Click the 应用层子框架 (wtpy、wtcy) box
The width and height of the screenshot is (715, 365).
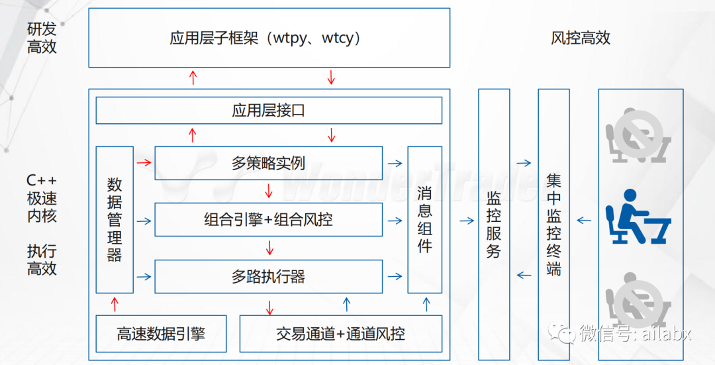click(x=269, y=38)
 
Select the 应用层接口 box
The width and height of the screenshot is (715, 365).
click(x=269, y=111)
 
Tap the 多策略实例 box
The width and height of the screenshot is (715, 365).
click(x=269, y=163)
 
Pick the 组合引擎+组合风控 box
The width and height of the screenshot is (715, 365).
click(x=269, y=220)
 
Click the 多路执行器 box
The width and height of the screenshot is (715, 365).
click(x=269, y=276)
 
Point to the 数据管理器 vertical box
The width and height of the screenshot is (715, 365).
click(x=115, y=220)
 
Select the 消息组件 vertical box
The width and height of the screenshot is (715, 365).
click(x=424, y=220)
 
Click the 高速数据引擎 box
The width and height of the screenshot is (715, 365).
click(x=160, y=334)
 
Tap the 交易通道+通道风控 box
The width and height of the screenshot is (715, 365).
click(x=340, y=334)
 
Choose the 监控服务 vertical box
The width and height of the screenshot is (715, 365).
click(x=494, y=225)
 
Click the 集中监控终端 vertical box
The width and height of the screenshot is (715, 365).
click(x=553, y=225)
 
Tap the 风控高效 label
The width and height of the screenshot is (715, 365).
click(x=580, y=38)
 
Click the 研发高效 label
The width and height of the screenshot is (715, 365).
click(x=42, y=38)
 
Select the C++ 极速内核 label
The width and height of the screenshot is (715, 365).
click(x=42, y=198)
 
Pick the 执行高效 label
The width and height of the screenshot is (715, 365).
click(x=42, y=260)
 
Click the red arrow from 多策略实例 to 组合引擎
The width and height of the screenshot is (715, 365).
click(x=269, y=191)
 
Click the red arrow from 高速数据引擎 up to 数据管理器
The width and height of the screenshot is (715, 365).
click(x=115, y=305)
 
